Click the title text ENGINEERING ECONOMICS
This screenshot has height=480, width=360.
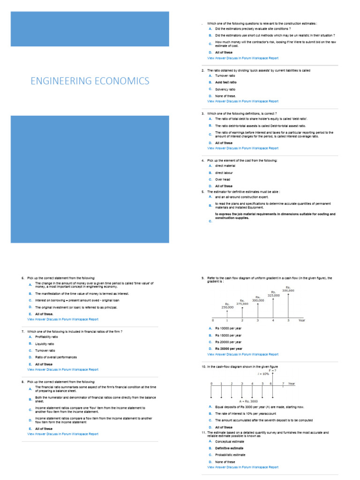(x=90, y=81)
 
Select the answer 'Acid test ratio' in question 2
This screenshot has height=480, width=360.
(x=226, y=82)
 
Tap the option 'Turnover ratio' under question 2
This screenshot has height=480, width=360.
(x=225, y=75)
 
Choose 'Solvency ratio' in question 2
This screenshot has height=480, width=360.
(x=225, y=89)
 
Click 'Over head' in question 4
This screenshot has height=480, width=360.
(x=222, y=180)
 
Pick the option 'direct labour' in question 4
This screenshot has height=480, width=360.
(x=224, y=172)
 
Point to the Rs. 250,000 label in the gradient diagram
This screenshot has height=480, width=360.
(x=227, y=306)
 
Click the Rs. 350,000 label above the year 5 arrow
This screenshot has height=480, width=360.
(x=288, y=289)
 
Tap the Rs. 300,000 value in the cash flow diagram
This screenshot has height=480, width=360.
(x=258, y=299)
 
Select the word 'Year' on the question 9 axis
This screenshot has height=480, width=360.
(x=302, y=320)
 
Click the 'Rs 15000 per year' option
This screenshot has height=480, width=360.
(x=228, y=336)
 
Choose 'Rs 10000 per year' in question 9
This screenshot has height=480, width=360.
(x=228, y=329)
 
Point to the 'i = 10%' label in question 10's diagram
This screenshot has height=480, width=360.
(x=263, y=374)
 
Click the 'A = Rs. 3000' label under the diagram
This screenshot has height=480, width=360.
(x=248, y=401)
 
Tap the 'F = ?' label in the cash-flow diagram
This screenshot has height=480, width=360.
(x=272, y=370)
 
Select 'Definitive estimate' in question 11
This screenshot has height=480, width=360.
(x=229, y=448)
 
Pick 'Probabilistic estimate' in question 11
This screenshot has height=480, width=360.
(x=230, y=455)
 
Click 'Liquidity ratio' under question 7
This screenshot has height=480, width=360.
(x=45, y=344)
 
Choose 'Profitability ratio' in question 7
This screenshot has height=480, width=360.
(x=46, y=337)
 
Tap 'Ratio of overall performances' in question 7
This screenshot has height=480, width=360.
(x=56, y=357)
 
